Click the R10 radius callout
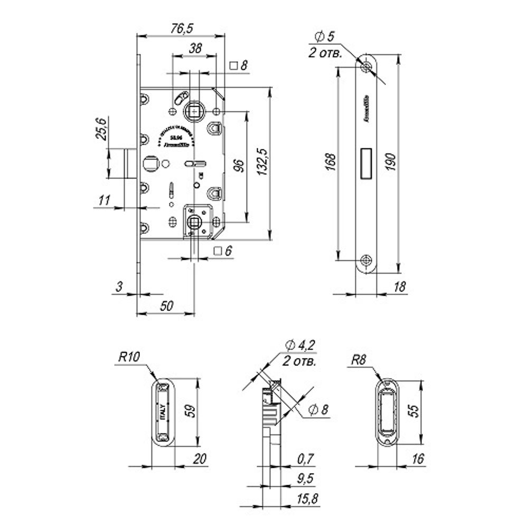128,357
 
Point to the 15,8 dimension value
306,497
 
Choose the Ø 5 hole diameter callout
325,37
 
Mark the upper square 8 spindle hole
194,111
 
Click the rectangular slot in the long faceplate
365,163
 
